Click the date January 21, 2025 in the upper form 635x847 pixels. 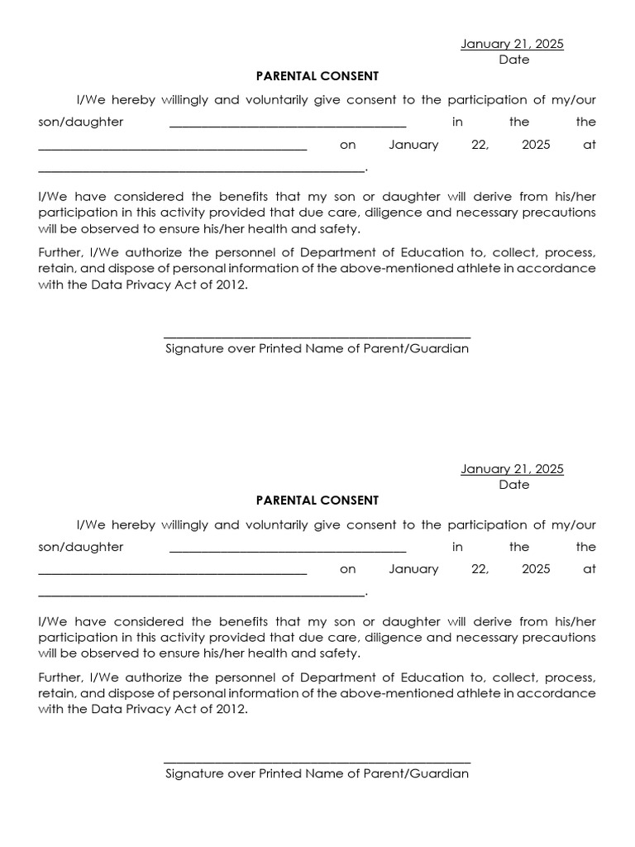point(512,45)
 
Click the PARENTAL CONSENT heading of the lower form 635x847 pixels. point(317,500)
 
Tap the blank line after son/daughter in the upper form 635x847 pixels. point(288,126)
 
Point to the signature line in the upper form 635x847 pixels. point(317,337)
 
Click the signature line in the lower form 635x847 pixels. point(317,762)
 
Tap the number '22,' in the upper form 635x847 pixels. point(480,145)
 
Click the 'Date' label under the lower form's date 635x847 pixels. point(513,485)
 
